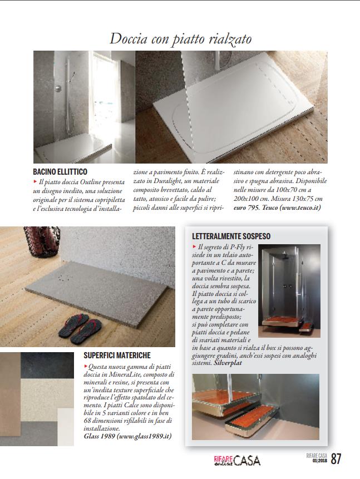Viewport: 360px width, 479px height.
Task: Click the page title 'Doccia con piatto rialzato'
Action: point(180,38)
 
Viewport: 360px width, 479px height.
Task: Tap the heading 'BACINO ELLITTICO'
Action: point(61,172)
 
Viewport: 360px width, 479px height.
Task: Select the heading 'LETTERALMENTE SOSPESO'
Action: point(240,236)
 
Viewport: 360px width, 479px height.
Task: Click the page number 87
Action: point(336,459)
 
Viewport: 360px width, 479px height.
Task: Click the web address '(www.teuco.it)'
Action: point(298,208)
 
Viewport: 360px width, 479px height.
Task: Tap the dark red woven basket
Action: point(41,244)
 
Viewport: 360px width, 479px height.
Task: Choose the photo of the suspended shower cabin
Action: point(289,285)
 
